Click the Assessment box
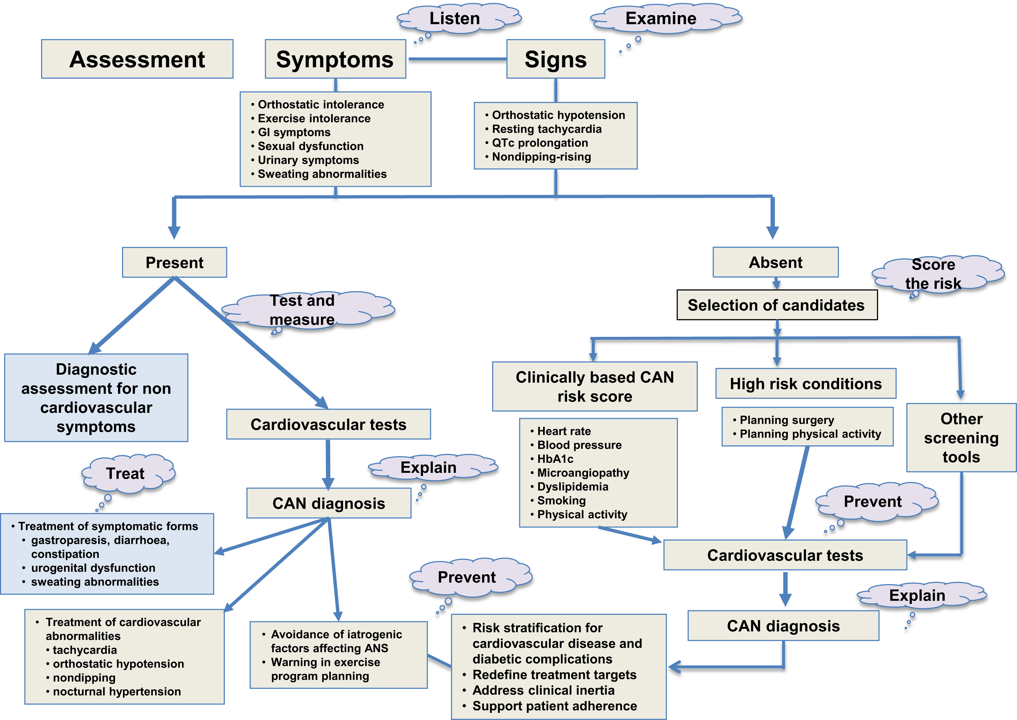coord(137,59)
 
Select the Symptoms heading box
coord(335,59)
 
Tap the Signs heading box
coord(555,59)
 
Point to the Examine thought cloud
coord(661,19)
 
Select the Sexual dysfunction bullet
coord(310,146)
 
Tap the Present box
coord(174,262)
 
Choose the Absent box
coord(775,262)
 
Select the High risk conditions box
coord(806,383)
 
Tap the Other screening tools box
coord(961,438)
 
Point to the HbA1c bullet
coord(555,459)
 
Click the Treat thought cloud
coord(126,473)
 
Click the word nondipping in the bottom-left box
coord(84,677)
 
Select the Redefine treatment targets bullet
coord(555,675)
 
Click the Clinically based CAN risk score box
coord(594,387)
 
